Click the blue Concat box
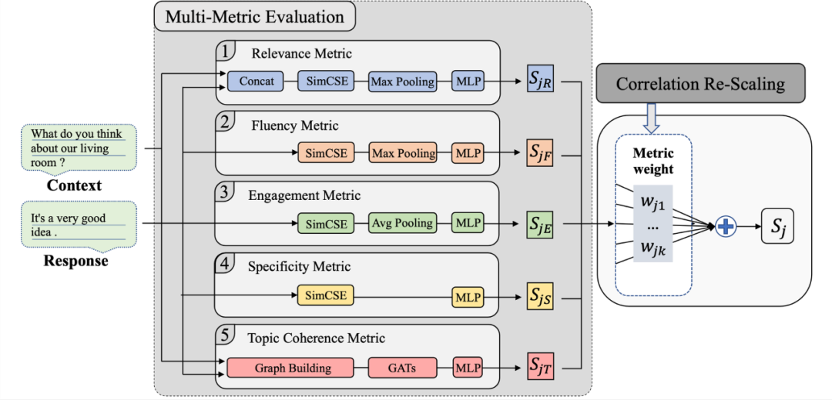(x=257, y=82)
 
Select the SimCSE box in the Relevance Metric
(x=326, y=82)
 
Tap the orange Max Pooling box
(x=403, y=153)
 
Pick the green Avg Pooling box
(x=403, y=224)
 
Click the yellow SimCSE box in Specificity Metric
(x=325, y=295)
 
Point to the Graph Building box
(x=290, y=368)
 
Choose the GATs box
(x=403, y=368)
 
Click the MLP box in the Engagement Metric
(x=468, y=224)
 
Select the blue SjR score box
(x=540, y=82)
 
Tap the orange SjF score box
(x=540, y=153)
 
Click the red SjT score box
(x=540, y=368)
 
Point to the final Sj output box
(x=778, y=226)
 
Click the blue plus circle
(x=726, y=227)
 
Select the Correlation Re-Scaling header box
(x=701, y=82)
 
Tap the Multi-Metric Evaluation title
(x=255, y=16)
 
